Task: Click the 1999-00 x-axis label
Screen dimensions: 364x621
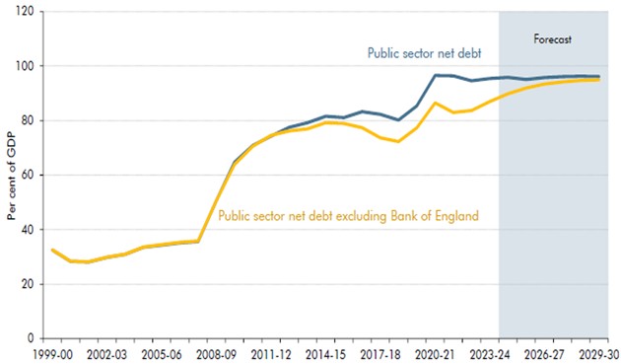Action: coord(51,353)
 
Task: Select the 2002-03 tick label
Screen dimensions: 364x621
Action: coord(107,353)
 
